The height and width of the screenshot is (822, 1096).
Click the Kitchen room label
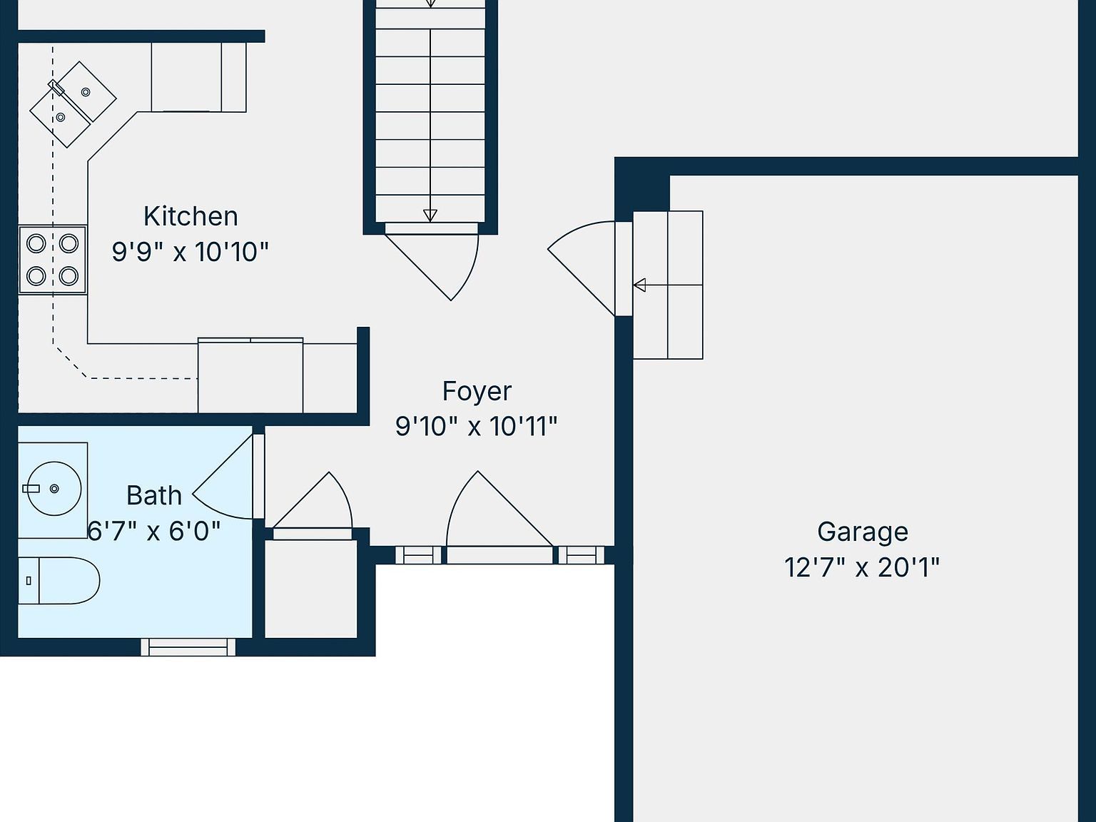(191, 217)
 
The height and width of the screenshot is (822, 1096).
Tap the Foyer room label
(477, 391)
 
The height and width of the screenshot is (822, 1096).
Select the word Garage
(863, 532)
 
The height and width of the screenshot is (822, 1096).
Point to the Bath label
(154, 496)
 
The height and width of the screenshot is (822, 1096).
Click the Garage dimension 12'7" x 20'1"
(862, 567)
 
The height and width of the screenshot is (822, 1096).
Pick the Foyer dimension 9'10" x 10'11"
(477, 427)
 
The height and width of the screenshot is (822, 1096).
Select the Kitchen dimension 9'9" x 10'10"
(191, 252)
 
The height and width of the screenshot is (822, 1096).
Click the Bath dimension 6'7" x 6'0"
(154, 531)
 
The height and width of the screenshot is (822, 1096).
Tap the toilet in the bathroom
(59, 580)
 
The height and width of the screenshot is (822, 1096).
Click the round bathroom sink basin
(54, 489)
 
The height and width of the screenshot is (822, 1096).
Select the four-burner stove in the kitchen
(52, 260)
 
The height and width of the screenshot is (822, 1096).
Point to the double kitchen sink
(73, 104)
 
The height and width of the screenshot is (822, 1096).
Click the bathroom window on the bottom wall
(188, 646)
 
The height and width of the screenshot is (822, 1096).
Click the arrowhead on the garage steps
(639, 285)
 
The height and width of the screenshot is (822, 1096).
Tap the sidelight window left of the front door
(418, 555)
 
